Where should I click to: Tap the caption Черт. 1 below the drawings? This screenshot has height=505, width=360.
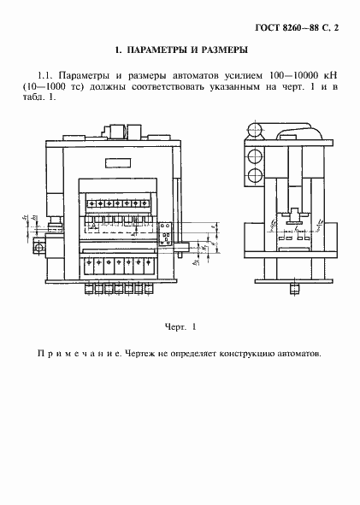[x=180, y=326]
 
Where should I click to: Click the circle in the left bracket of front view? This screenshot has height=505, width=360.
[x=39, y=247]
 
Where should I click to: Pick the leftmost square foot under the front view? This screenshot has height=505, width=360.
[x=89, y=289]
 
